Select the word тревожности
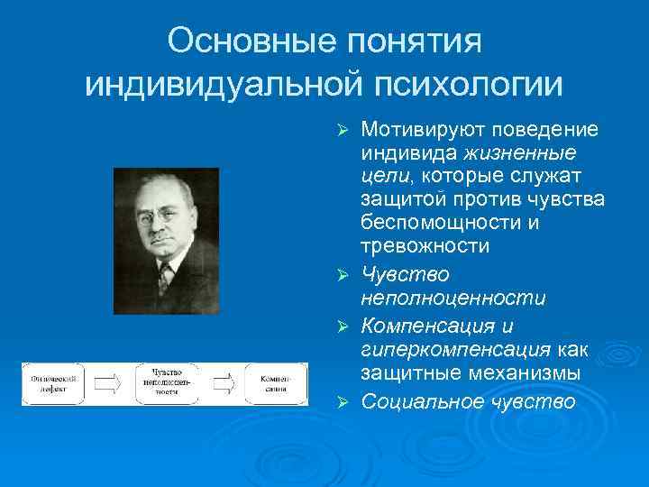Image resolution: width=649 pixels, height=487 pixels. [425, 245]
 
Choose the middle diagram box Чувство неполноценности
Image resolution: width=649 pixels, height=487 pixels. [169, 383]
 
